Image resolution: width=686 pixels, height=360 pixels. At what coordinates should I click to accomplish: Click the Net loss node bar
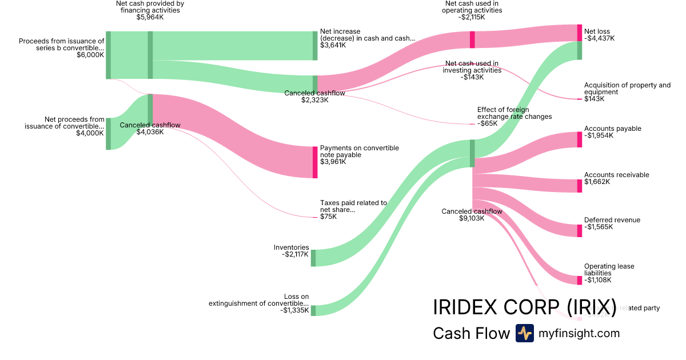[579, 42]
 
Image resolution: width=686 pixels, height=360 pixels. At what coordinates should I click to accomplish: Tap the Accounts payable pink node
[579, 139]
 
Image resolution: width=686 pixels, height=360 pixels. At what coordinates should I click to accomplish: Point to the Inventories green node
[313, 258]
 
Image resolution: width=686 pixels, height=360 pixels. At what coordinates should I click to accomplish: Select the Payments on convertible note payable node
[314, 162]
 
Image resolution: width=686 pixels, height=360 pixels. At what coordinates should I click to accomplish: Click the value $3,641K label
[333, 45]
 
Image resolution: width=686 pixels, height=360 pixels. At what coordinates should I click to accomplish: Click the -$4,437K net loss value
[599, 38]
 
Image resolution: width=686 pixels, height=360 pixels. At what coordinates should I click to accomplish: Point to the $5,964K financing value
[149, 17]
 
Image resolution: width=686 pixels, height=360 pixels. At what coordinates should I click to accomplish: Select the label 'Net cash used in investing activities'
[472, 67]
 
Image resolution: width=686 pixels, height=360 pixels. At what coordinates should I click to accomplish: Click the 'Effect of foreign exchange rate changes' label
[514, 113]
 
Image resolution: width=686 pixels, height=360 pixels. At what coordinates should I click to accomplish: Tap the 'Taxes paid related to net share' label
[353, 206]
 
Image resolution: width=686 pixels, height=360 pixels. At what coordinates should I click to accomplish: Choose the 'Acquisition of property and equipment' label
[627, 89]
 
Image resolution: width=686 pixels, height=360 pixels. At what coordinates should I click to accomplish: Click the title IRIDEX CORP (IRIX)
[524, 307]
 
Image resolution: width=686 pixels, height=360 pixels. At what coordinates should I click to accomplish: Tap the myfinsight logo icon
[524, 333]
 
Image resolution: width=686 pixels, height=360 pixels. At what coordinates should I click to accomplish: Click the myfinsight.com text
[579, 333]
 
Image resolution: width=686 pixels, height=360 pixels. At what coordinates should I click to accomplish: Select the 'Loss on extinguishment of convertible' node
[313, 310]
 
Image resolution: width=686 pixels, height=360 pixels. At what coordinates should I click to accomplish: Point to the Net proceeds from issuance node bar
[108, 134]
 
